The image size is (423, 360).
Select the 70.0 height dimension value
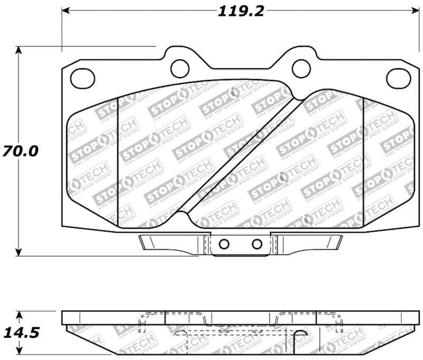(x=20, y=151)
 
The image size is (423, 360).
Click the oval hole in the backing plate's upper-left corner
(x=82, y=78)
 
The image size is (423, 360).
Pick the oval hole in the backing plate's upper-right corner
(x=398, y=78)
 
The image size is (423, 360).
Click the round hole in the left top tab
(x=180, y=67)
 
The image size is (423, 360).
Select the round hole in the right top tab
(x=301, y=67)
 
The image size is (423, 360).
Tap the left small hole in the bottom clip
(x=224, y=244)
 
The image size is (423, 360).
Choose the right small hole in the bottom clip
(x=257, y=244)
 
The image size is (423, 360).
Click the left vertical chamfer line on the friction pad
(x=117, y=159)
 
